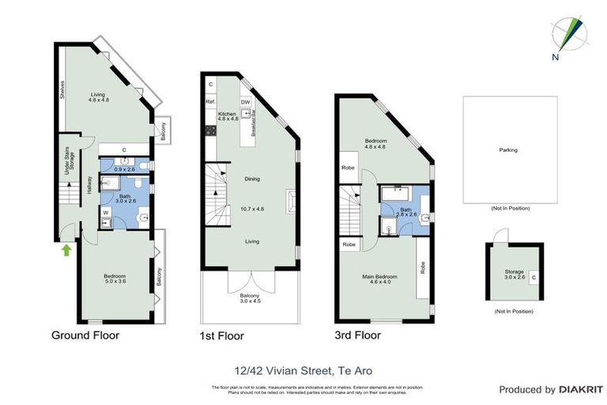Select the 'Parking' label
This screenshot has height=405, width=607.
tap(507, 150)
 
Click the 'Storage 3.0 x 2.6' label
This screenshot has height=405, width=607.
tap(514, 274)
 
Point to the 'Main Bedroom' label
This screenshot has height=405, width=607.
tap(379, 278)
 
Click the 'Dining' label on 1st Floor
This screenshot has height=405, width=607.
tap(252, 179)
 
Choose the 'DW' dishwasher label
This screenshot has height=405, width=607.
tap(245, 102)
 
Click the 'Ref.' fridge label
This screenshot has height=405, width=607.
tap(210, 102)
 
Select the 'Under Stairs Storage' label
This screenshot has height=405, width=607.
tap(70, 161)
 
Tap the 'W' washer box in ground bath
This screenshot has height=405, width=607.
tap(105, 212)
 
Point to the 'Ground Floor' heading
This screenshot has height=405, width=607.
tap(85, 335)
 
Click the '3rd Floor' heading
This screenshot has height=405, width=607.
tap(358, 335)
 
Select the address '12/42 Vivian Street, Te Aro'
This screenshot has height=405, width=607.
tap(303, 370)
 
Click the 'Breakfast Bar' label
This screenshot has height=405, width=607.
tap(253, 123)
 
